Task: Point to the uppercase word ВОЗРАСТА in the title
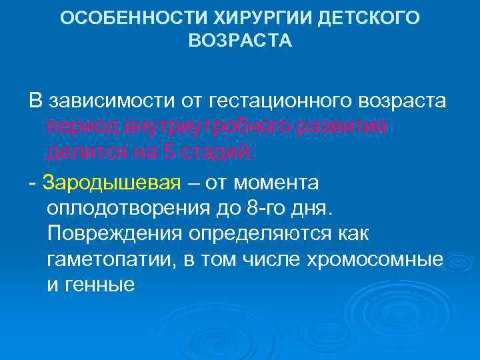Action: point(240,41)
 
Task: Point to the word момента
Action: point(276,182)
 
